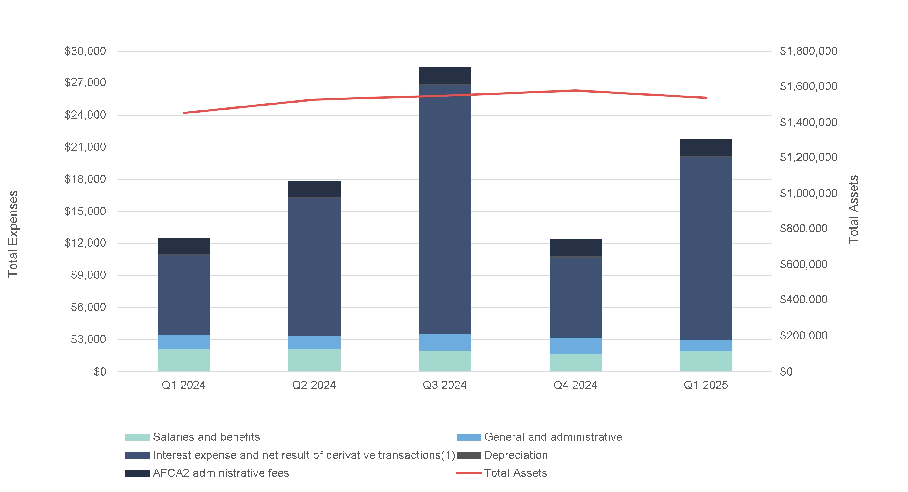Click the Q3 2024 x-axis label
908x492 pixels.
445,385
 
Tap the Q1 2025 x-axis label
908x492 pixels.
706,385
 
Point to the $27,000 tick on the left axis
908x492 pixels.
85,83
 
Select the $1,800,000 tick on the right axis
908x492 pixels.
808,51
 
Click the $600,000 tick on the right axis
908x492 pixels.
803,264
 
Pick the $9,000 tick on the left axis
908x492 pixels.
88,275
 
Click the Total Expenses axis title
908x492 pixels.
13,234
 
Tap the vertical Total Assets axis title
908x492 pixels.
853,209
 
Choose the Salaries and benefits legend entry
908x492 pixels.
206,437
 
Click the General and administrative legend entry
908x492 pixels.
553,437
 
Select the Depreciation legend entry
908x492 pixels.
516,455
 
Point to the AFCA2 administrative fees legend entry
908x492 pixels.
221,473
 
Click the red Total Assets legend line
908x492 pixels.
469,473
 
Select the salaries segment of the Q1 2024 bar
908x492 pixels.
184,360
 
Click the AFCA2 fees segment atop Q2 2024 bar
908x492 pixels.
314,189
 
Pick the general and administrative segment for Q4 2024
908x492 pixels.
575,346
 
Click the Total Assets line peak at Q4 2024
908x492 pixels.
575,91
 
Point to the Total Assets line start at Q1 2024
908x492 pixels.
184,113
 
